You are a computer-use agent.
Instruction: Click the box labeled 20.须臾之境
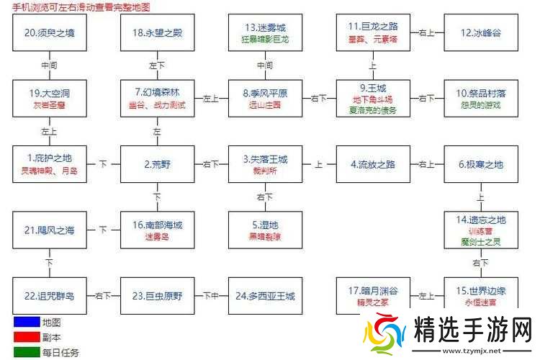[x=49, y=32]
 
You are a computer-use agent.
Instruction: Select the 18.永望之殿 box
[x=156, y=32]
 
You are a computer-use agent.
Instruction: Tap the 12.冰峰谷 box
[x=480, y=32]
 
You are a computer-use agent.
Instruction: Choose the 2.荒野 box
[x=156, y=163]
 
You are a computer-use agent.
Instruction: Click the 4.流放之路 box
[x=373, y=163]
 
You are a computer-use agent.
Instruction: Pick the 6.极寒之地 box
[x=480, y=163]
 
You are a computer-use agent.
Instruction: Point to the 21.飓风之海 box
[x=49, y=230]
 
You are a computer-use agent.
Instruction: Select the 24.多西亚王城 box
[x=264, y=296]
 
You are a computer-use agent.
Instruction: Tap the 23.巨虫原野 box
[x=156, y=296]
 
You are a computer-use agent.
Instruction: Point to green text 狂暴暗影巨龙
[x=264, y=39]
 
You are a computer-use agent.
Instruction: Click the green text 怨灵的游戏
[x=480, y=105]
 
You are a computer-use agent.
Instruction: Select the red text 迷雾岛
[x=156, y=236]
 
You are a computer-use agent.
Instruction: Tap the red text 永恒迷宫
[x=480, y=302]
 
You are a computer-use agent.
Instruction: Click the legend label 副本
[x=51, y=337]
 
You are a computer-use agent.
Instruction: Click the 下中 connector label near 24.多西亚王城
[x=210, y=296]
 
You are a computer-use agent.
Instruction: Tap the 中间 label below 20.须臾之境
[x=49, y=65]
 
